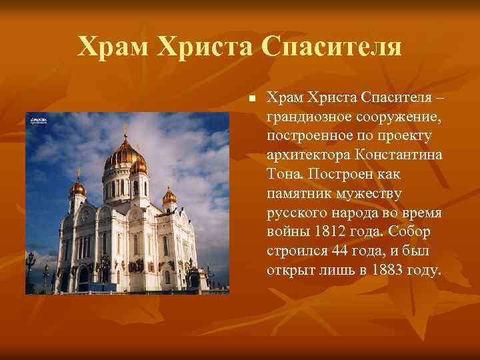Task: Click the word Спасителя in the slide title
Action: pyautogui.click(x=332, y=46)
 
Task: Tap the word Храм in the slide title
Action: pyautogui.click(x=113, y=46)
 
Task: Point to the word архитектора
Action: pyautogui.click(x=307, y=155)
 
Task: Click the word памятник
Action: pyautogui.click(x=300, y=194)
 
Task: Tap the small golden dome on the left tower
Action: pyautogui.click(x=77, y=188)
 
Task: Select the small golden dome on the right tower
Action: pyautogui.click(x=169, y=196)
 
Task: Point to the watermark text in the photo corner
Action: pyautogui.click(x=39, y=121)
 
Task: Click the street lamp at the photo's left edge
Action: pyautogui.click(x=30, y=263)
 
